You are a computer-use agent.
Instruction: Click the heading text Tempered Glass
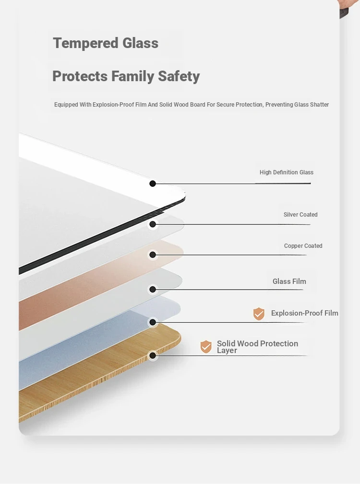106,43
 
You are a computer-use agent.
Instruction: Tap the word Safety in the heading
179,76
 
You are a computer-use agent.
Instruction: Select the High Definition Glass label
287,172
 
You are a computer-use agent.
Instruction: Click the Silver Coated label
300,215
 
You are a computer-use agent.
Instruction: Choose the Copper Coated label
303,246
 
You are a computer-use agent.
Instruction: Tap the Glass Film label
289,281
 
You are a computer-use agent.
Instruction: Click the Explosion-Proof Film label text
304,313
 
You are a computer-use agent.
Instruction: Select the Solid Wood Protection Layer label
257,347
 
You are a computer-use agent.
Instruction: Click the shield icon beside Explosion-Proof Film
259,314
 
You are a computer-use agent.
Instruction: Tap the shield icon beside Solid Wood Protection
206,347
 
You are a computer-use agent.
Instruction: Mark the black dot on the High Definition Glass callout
153,183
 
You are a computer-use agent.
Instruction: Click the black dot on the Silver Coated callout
153,224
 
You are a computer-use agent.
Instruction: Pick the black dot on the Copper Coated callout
153,255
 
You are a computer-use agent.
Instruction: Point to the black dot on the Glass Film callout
153,289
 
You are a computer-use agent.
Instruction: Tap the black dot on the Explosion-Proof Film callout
153,322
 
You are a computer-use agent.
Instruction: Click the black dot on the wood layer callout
153,355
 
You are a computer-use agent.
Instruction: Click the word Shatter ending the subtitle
320,105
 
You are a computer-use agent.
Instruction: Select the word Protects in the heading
80,76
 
